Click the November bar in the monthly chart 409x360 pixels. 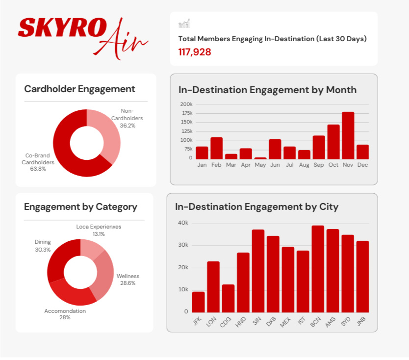[348, 135]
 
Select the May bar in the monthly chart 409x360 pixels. [260, 158]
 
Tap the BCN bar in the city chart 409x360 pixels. [318, 269]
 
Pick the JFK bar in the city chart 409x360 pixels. [198, 302]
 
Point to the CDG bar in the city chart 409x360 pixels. [228, 298]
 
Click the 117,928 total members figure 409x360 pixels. [195, 51]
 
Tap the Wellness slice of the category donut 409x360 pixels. [102, 275]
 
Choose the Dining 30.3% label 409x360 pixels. [43, 246]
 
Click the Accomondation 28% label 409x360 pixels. [65, 314]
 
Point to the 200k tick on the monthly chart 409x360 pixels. [186, 104]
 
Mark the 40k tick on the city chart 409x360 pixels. [183, 223]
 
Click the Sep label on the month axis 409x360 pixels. [319, 165]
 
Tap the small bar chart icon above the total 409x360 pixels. [184, 24]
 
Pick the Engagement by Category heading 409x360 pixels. [80, 207]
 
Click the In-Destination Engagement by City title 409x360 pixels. [256, 207]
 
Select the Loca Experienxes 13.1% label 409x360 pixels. [99, 231]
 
